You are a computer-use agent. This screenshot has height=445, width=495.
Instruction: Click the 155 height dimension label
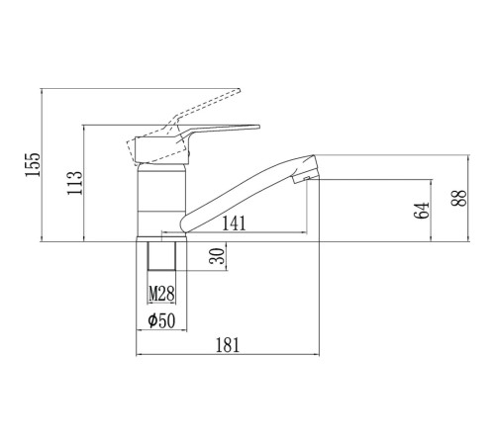click(33, 165)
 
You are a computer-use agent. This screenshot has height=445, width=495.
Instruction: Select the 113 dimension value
click(75, 183)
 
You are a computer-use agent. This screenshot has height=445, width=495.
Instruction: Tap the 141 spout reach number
click(234, 223)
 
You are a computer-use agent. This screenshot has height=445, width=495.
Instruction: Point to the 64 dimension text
click(422, 211)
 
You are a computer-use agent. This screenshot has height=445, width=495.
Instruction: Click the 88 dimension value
click(458, 198)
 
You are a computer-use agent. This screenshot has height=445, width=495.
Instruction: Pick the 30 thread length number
click(217, 256)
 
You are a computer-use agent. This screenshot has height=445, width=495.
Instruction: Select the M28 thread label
click(161, 294)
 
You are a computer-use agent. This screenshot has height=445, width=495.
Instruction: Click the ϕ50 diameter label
click(161, 320)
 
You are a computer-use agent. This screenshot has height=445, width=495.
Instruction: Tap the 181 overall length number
click(228, 345)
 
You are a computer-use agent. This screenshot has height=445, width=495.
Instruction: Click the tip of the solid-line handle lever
click(259, 127)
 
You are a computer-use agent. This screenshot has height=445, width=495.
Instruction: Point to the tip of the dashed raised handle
click(240, 90)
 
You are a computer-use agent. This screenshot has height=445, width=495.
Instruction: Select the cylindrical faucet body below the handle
click(161, 200)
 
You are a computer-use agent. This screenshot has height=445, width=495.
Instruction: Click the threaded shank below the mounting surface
click(161, 256)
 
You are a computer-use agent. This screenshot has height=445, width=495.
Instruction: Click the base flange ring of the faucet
click(161, 239)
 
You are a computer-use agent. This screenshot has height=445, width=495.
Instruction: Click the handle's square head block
click(161, 150)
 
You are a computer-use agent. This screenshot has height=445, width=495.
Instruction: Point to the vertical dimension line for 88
click(468, 198)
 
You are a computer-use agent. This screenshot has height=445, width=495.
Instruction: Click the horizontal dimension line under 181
click(228, 355)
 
